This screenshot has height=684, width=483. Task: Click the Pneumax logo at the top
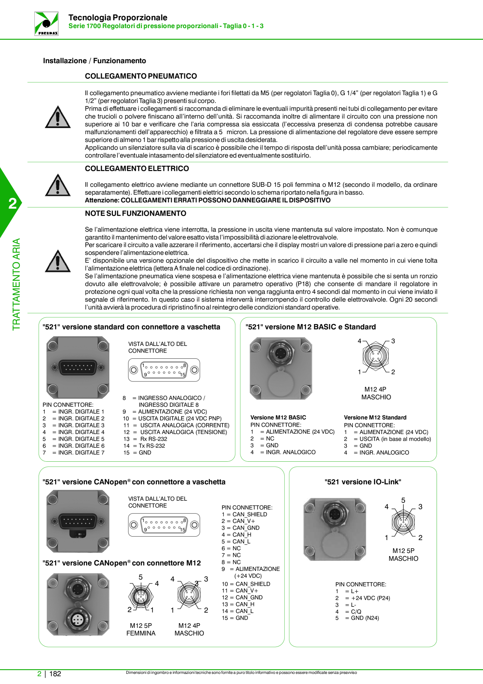46,24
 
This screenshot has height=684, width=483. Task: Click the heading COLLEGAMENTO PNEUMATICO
141,76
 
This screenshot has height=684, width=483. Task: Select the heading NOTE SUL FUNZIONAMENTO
136,213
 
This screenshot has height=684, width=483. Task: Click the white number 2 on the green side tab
13,204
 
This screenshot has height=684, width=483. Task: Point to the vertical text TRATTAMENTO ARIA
16,284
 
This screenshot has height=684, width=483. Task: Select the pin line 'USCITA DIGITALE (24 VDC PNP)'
172,418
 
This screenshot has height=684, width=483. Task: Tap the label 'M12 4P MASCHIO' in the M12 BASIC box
376,393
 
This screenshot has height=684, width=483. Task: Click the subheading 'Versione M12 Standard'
375,417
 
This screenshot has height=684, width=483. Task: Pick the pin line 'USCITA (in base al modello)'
388,439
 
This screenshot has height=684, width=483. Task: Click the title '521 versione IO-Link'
363,482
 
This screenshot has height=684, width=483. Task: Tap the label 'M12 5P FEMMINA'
141,629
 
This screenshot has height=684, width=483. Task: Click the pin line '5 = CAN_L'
236,541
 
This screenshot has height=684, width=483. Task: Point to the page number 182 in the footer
55,674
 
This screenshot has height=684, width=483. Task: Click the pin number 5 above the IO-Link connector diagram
403,500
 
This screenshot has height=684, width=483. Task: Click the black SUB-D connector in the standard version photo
78,367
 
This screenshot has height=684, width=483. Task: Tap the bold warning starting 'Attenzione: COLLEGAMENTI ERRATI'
208,200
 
